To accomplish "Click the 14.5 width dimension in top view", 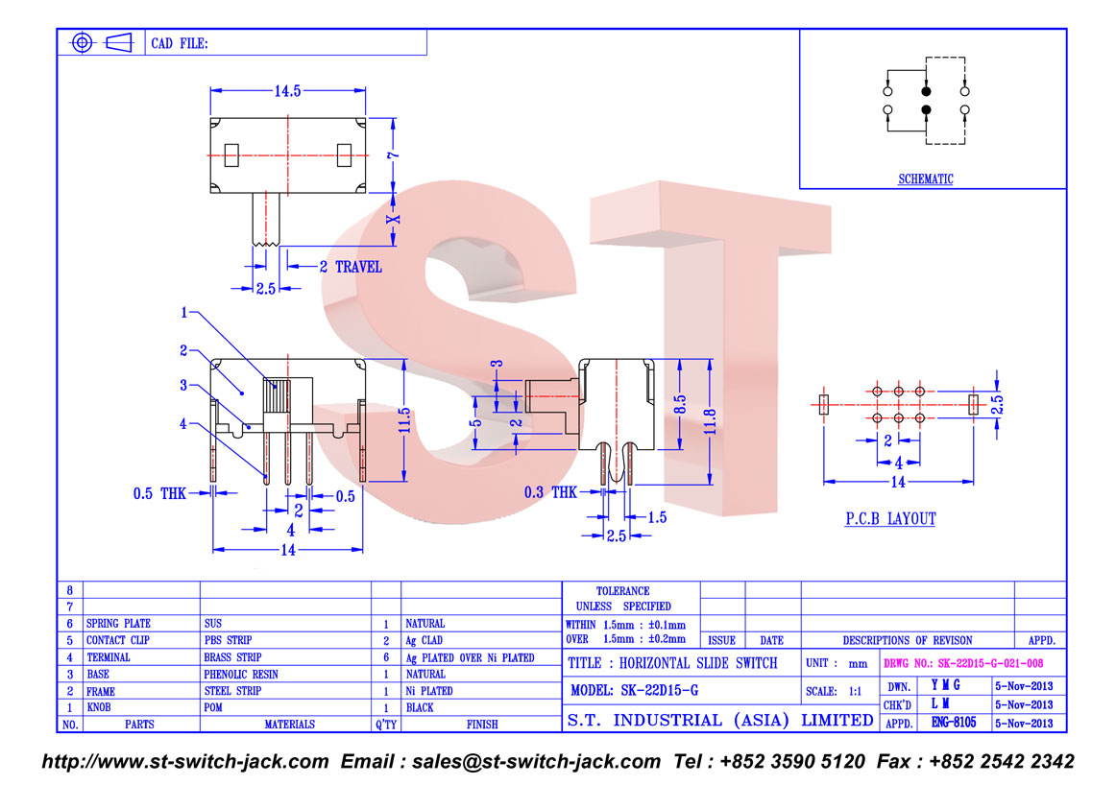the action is tap(287, 91).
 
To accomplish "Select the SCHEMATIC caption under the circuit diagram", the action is tap(925, 179).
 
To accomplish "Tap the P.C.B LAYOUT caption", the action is tap(890, 519).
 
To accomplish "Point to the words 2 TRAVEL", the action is tap(351, 268).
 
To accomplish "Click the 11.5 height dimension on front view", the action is tap(404, 420).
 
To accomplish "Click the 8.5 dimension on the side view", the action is tap(680, 405).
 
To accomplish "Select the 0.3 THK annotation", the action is tap(550, 492).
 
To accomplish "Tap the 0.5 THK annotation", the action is tap(159, 493).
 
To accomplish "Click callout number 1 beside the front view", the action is tap(183, 312).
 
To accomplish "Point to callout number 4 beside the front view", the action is tap(182, 424).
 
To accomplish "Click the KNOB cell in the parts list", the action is tap(99, 707).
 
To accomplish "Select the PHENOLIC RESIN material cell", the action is tap(240, 674).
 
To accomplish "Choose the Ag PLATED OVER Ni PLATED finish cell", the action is tap(470, 657).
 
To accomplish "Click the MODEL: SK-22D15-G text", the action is tap(634, 690).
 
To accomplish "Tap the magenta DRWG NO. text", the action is tap(963, 663).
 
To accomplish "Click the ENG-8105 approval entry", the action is tap(954, 723).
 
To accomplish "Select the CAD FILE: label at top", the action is tap(180, 43).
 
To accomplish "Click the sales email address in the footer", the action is tap(536, 762).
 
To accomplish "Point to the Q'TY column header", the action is tap(386, 725).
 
